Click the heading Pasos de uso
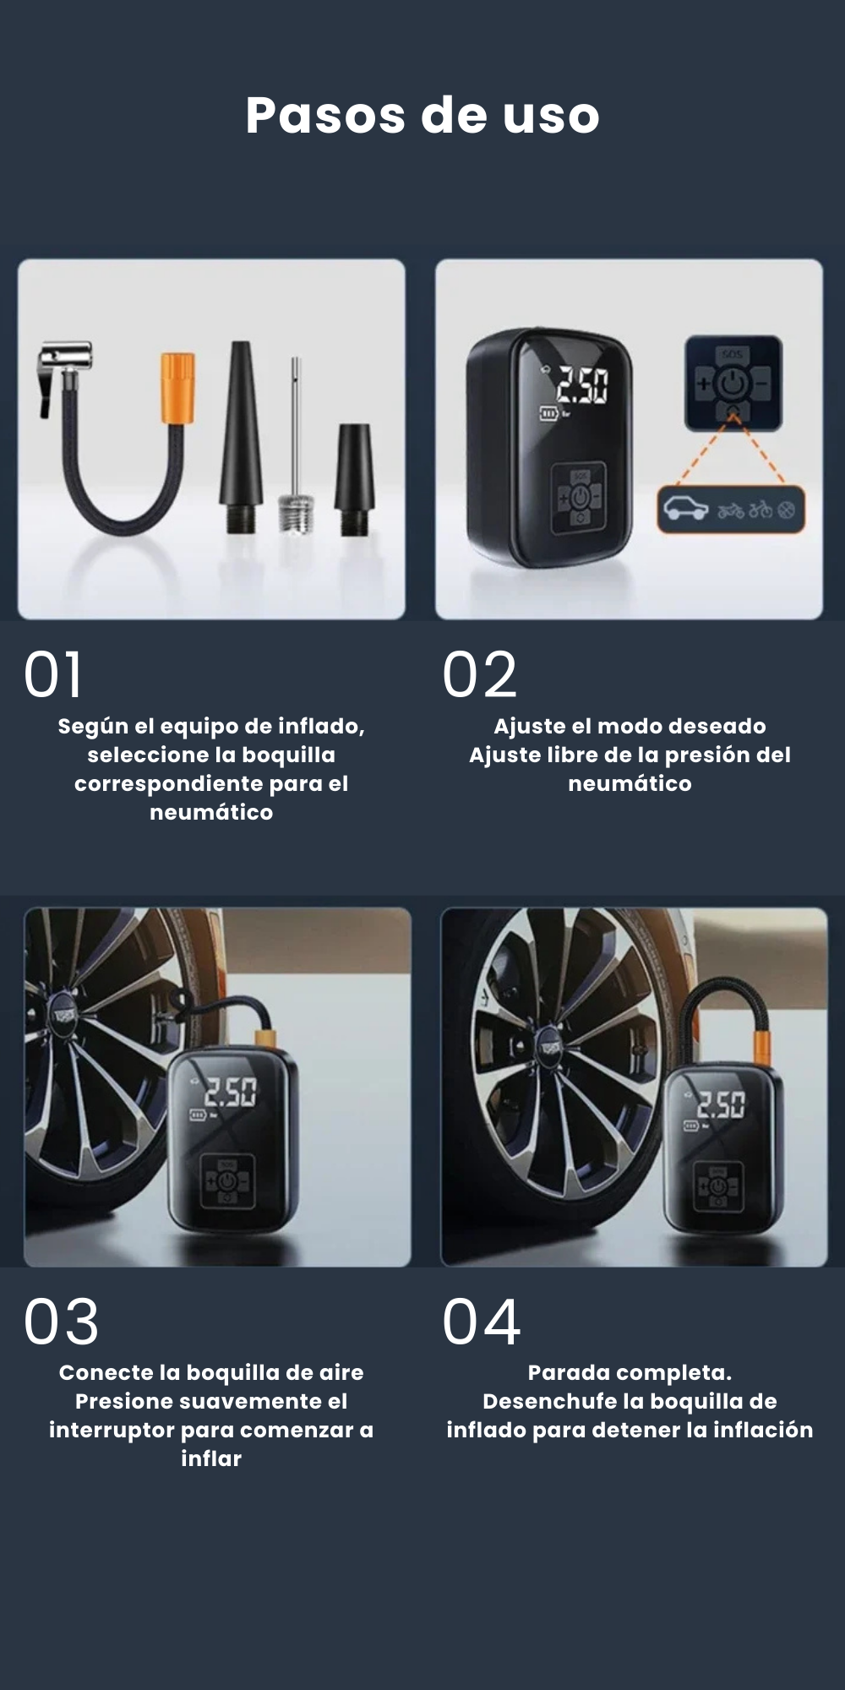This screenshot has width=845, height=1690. [x=422, y=115]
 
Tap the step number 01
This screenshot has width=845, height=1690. [x=53, y=675]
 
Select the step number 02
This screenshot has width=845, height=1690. [x=479, y=675]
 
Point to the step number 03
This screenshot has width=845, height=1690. [x=61, y=1322]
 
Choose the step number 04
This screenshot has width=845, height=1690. [x=481, y=1322]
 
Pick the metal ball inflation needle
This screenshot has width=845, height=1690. [x=296, y=448]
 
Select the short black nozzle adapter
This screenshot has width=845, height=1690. [x=353, y=477]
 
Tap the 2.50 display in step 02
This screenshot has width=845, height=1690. [x=581, y=386]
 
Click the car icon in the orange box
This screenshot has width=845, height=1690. [x=685, y=509]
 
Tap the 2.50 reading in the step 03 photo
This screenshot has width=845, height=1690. [x=230, y=1092]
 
